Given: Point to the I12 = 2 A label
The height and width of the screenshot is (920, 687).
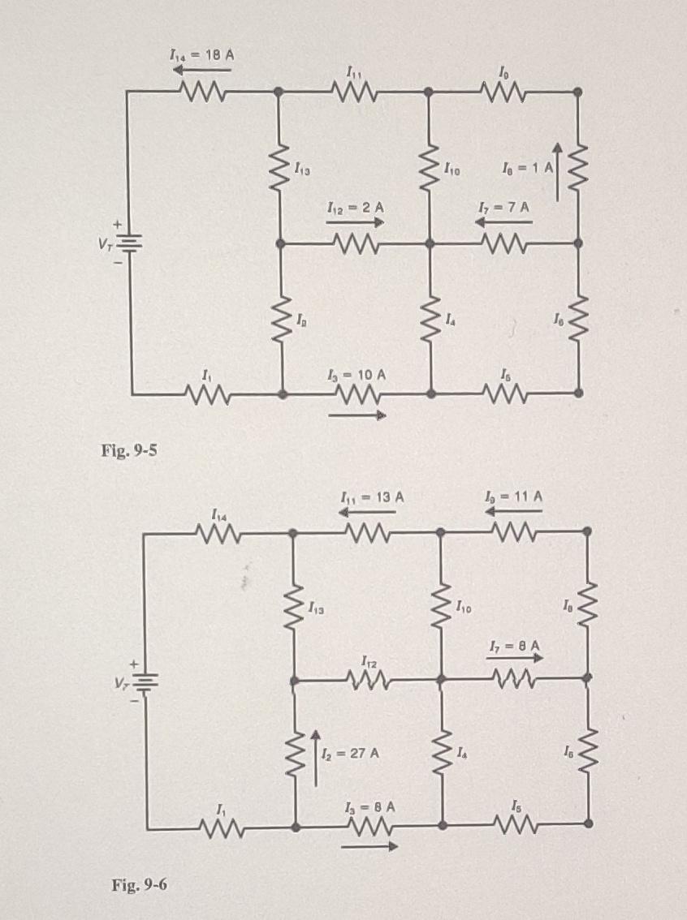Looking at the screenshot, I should coord(356,207).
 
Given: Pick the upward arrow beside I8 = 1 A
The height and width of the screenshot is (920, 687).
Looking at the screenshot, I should coord(557,170).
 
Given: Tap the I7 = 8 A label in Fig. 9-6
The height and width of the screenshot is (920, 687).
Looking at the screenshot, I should coord(514,646).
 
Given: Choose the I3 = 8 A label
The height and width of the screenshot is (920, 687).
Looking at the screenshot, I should coord(369,808).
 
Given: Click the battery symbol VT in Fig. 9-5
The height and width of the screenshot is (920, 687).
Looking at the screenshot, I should coord(131,241).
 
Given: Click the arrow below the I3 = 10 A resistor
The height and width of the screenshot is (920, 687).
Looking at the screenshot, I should coord(358,416).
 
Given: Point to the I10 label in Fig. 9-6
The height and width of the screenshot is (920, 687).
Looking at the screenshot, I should coord(464,604).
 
